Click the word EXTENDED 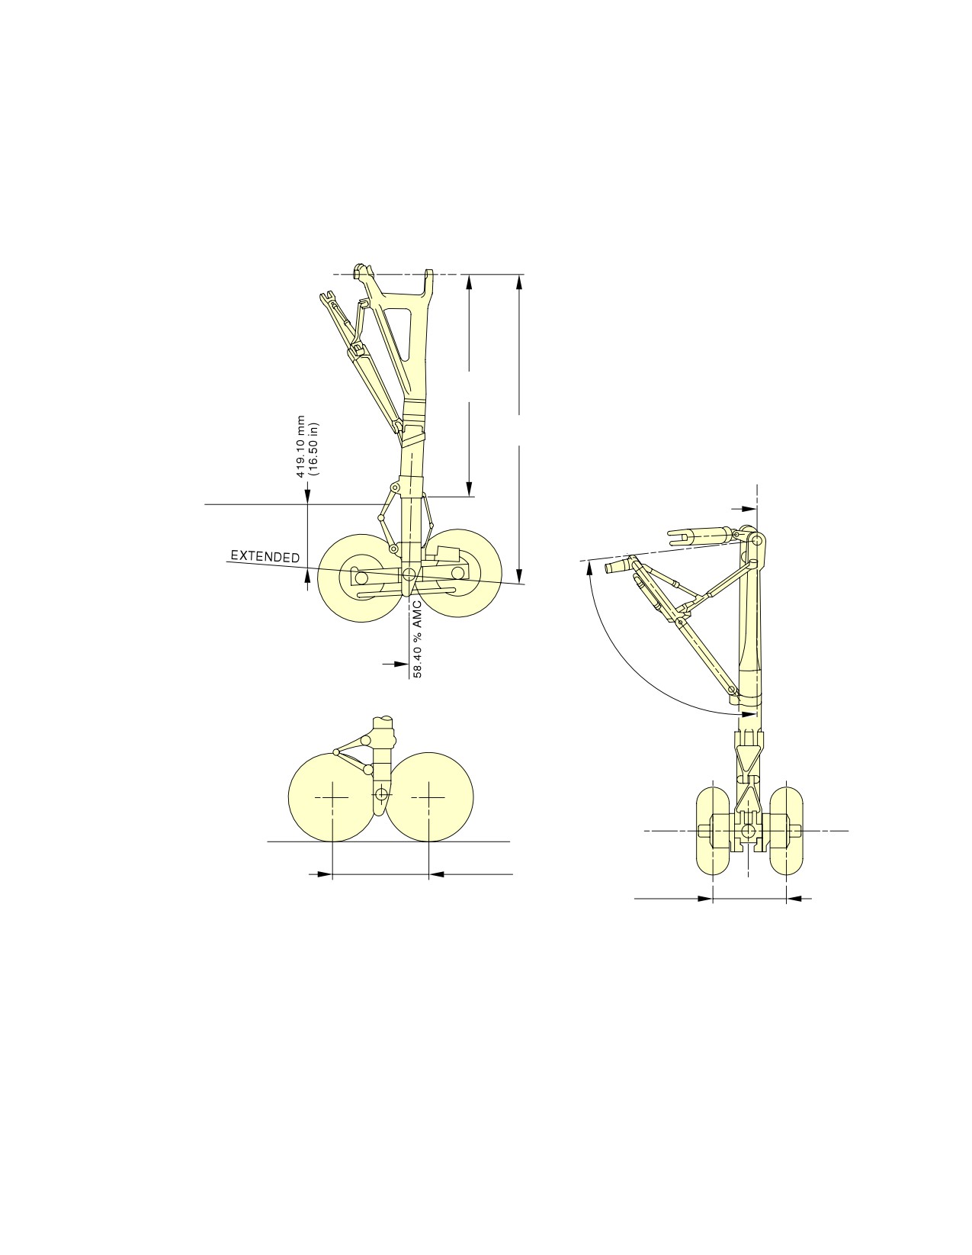[x=265, y=556]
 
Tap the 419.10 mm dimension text [x=300, y=446]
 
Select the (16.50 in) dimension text [x=313, y=449]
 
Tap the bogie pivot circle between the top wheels [x=409, y=574]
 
